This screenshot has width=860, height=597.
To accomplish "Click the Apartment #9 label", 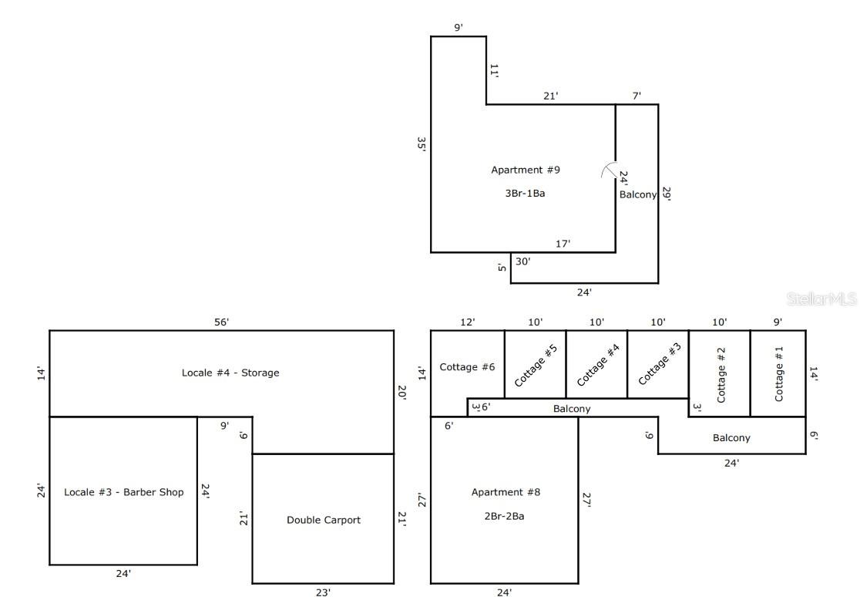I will click(525, 170).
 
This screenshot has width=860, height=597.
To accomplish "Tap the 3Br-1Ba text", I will click(525, 193).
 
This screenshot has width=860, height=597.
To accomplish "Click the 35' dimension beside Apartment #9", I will click(422, 145).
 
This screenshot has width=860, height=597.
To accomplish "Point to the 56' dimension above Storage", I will click(221, 322).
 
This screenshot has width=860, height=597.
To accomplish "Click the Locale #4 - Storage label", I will click(230, 373).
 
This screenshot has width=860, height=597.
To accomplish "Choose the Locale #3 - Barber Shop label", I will click(123, 492).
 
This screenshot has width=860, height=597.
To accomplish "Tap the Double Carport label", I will click(323, 520).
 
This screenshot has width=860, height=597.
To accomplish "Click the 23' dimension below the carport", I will click(323, 592).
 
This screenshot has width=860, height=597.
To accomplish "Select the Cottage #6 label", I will click(467, 367).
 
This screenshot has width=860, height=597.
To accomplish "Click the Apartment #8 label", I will click(506, 492).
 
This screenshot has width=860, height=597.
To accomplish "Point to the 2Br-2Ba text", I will click(506, 516).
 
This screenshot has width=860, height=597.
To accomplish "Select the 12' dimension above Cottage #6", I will click(467, 322).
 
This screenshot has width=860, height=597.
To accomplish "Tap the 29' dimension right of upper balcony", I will click(667, 194).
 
